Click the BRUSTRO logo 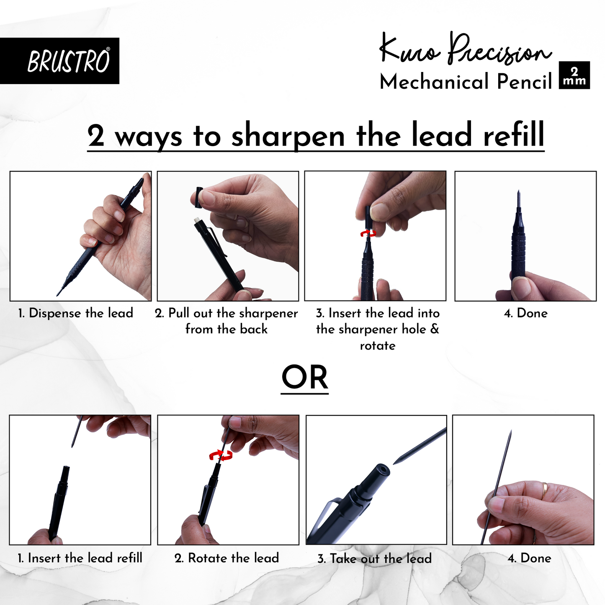pos(68,61)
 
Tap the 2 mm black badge pos(574,75)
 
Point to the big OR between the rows pos(304,378)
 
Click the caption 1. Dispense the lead pos(76,313)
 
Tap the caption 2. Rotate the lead pos(227,558)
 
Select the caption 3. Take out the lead pos(374,559)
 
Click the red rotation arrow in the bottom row pos(221,456)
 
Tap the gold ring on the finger pos(544,490)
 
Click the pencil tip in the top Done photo pos(518,195)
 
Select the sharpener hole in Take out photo pos(381,470)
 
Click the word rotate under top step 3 pos(377,346)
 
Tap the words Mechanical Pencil pos(466,82)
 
